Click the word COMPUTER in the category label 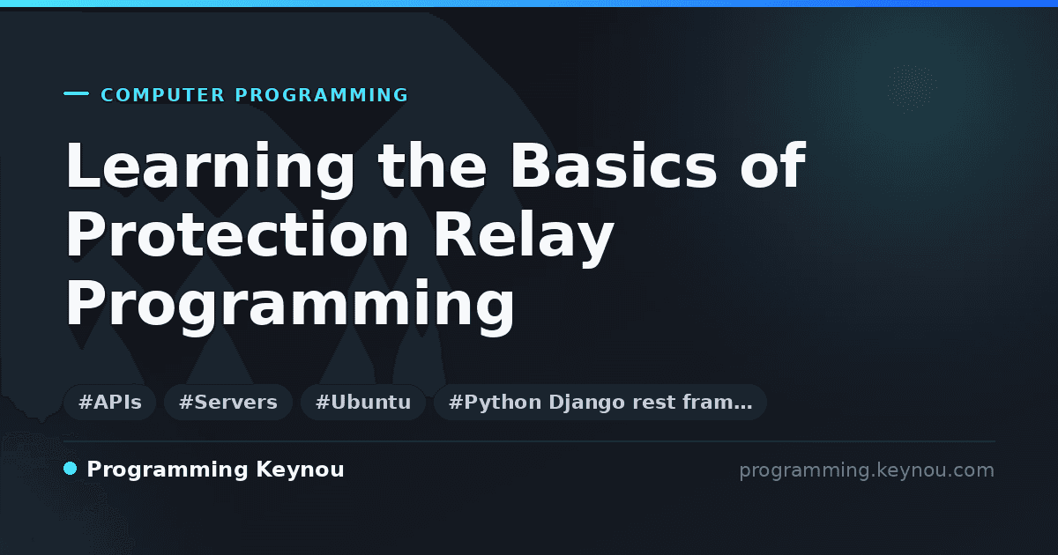pyautogui.click(x=163, y=95)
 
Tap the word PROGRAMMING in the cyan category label pyautogui.click(x=322, y=95)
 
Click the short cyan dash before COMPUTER pyautogui.click(x=76, y=93)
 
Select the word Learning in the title pyautogui.click(x=210, y=168)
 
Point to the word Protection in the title pyautogui.click(x=236, y=234)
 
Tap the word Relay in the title pyautogui.click(x=524, y=238)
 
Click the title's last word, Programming pyautogui.click(x=290, y=307)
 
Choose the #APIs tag pyautogui.click(x=109, y=402)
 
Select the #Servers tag pyautogui.click(x=228, y=402)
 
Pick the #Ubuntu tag pyautogui.click(x=363, y=402)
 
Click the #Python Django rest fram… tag pyautogui.click(x=600, y=402)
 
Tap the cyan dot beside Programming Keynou pyautogui.click(x=70, y=469)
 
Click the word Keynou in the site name pyautogui.click(x=300, y=470)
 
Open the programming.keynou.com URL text pyautogui.click(x=867, y=470)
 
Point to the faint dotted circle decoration pyautogui.click(x=912, y=89)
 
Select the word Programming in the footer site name pyautogui.click(x=168, y=470)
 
